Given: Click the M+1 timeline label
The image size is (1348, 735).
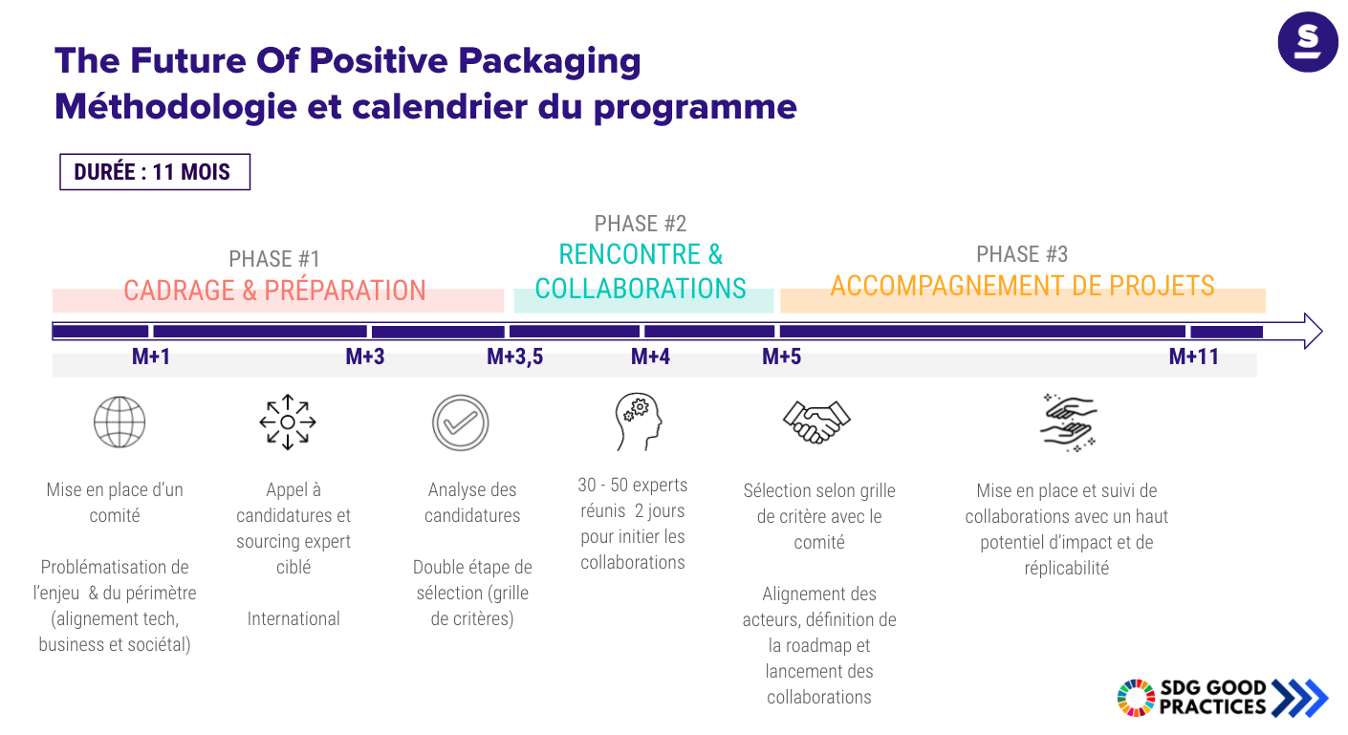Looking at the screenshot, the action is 151,357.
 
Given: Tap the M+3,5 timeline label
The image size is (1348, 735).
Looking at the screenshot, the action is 515,357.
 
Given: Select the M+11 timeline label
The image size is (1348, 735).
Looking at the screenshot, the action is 1194,357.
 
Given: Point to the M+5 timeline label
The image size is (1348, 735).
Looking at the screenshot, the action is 782,357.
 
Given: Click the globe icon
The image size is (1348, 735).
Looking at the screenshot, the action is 120,422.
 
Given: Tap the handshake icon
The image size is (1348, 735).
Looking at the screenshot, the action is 816,422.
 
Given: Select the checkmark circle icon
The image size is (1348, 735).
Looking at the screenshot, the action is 461,422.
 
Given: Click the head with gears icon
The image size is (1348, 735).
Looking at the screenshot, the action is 638,422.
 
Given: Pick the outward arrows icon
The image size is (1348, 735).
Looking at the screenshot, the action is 288,422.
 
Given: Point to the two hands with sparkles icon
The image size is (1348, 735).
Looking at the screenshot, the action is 1069,422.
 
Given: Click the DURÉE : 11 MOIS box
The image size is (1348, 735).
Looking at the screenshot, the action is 155,172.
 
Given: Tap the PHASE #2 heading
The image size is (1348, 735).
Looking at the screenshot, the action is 641,224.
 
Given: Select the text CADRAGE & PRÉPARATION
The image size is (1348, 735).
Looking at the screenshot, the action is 274,291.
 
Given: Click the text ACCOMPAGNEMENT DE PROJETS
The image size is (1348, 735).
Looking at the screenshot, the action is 1022,286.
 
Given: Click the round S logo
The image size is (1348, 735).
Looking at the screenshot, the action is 1308,42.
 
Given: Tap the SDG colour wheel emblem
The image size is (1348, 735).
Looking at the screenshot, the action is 1136,698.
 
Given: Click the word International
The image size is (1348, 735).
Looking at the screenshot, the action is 294,618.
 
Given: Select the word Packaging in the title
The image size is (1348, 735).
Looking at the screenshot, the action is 550,62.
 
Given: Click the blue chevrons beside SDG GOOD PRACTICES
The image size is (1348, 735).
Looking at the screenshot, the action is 1300,699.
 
